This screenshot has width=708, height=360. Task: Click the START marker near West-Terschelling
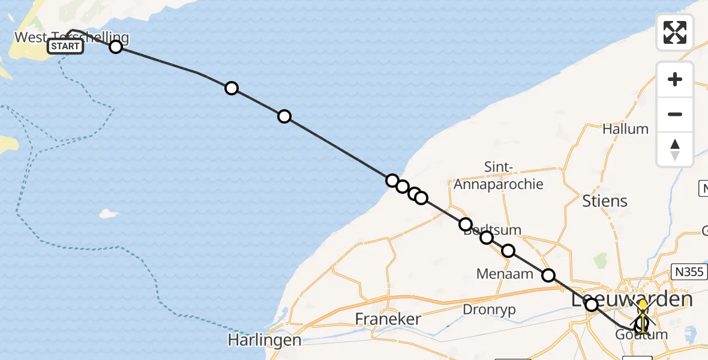[x=65, y=46]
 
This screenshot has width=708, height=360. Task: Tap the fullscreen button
[x=675, y=32]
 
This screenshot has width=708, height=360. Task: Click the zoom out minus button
[x=675, y=114]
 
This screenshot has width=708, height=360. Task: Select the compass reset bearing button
[x=675, y=149]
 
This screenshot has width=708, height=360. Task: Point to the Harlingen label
[x=264, y=340]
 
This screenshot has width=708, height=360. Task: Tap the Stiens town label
[x=605, y=200]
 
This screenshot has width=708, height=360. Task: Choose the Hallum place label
[x=626, y=129]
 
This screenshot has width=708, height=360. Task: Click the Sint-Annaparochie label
[x=498, y=176]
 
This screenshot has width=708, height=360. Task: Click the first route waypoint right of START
[x=116, y=46]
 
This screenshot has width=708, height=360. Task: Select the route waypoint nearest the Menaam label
[x=508, y=251]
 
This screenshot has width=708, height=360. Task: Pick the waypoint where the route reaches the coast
[x=392, y=181]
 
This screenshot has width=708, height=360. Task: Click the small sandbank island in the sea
[x=109, y=213]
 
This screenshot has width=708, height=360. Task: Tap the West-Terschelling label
[x=71, y=37]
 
